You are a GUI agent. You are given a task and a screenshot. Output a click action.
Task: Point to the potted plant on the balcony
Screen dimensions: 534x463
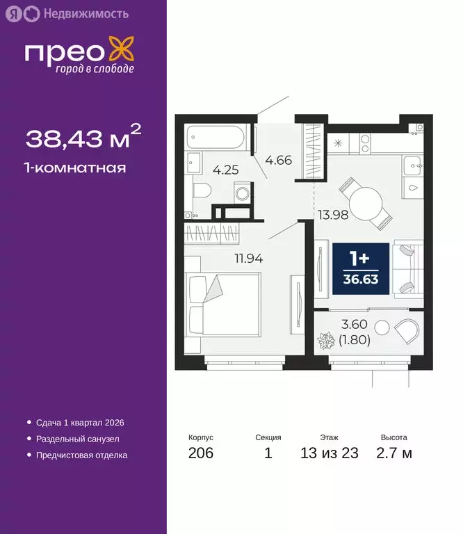pos(325,343)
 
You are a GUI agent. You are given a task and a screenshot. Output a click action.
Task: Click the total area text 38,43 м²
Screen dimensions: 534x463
pos(83,138)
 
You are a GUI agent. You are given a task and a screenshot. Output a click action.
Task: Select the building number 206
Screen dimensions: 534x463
pos(200,453)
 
